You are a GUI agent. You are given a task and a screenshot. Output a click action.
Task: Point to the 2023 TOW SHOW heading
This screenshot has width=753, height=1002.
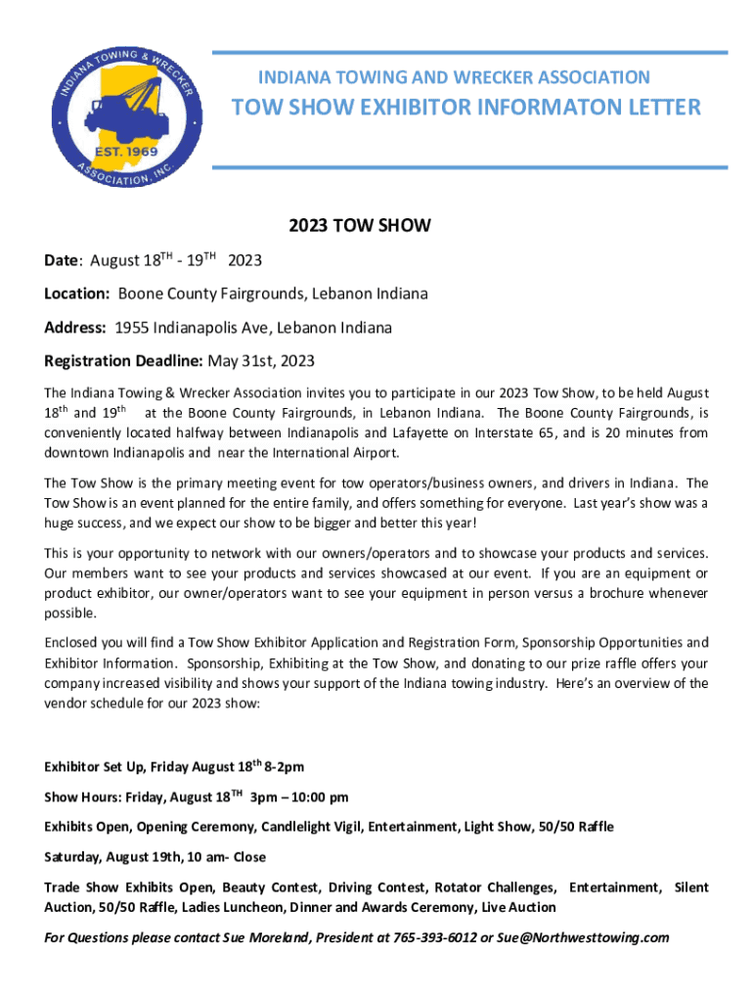point(360,226)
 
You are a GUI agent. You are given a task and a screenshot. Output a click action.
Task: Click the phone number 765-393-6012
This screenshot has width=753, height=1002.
point(433,937)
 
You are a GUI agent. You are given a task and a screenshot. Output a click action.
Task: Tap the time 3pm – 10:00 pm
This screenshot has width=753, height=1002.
point(300,797)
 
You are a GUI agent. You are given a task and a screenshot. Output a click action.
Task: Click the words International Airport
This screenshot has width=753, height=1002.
point(335,453)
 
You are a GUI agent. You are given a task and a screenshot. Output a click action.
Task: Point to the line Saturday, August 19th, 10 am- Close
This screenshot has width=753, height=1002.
point(155,857)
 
